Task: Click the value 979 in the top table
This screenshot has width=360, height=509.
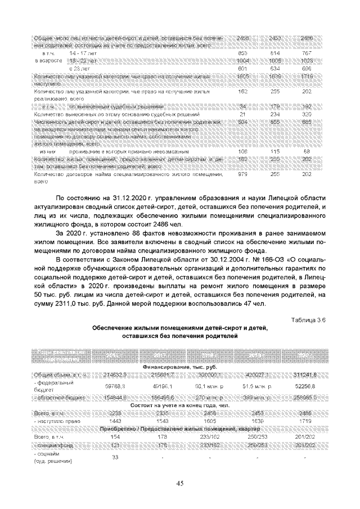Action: [x=243, y=175]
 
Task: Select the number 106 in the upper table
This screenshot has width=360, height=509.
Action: [x=243, y=152]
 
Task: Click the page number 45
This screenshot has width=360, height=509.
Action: [x=180, y=483]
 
